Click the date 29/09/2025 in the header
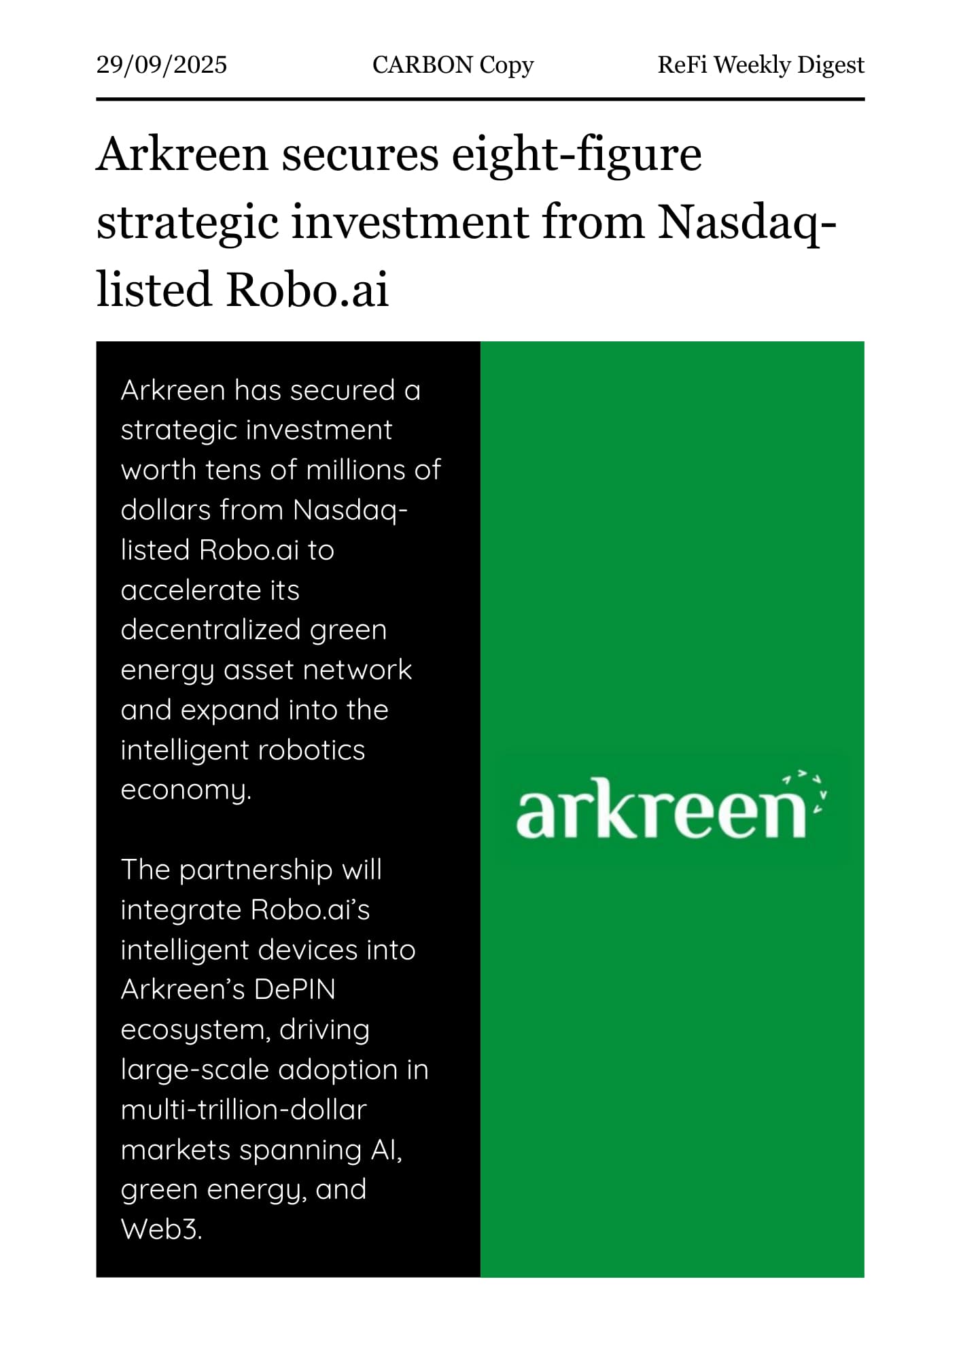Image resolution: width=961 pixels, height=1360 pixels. point(162,65)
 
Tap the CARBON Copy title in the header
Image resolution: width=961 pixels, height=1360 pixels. point(453,65)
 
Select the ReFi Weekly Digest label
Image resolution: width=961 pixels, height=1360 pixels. point(761,65)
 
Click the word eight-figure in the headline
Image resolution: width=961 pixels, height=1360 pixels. point(576,155)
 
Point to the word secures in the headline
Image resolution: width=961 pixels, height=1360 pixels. point(360,155)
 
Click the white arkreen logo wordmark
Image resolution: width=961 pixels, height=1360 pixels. point(661,809)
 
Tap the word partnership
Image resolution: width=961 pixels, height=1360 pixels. point(256,870)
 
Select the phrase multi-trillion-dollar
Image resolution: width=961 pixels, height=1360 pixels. point(243,1110)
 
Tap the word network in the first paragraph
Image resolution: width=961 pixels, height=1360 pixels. point(357,670)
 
